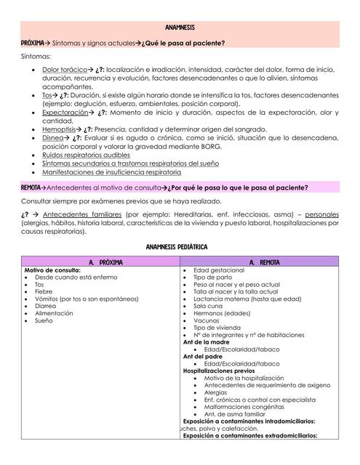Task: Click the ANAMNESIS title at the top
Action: pos(180,28)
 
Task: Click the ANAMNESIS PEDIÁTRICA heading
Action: pos(180,248)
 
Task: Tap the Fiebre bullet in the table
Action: pos(44,292)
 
